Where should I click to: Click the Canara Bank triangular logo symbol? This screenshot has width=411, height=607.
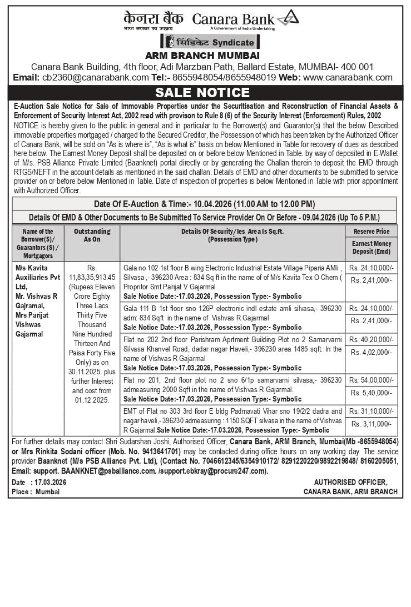tap(288, 18)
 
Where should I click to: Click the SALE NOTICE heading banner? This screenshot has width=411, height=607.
tap(202, 92)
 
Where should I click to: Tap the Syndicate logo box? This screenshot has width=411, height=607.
tap(210, 42)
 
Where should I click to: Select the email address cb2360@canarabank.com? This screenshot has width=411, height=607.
tap(95, 78)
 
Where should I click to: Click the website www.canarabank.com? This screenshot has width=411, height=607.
tap(348, 78)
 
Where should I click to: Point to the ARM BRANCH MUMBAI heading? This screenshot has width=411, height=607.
tap(202, 56)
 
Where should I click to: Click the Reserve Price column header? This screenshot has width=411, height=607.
tap(372, 231)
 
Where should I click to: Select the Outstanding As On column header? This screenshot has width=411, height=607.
tap(92, 235)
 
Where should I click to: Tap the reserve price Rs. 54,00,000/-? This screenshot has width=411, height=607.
tap(372, 380)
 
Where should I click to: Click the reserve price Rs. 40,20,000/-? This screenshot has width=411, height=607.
tap(372, 339)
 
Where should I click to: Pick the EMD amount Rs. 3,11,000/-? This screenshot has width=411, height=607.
tap(372, 424)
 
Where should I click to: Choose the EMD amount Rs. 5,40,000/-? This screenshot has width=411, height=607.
tap(372, 393)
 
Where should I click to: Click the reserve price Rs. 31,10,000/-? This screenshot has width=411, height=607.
tap(372, 411)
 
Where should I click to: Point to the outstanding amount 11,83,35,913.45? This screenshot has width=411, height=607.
tap(92, 277)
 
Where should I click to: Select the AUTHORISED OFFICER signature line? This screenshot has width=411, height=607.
tap(350, 482)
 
